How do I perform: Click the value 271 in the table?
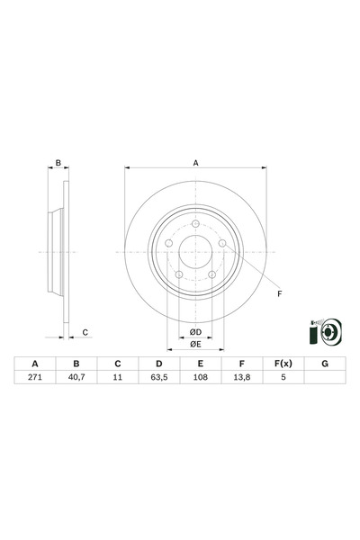[x=35, y=379]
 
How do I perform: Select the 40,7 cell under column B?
[x=76, y=379]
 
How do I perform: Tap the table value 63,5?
[x=158, y=379]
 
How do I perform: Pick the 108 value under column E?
[x=200, y=379]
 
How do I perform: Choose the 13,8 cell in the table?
[x=240, y=379]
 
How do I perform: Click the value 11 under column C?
[x=117, y=379]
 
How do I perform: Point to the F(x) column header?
[x=282, y=364]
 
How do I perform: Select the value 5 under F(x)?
[x=282, y=379]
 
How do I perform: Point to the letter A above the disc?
[x=195, y=163]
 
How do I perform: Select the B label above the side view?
[x=58, y=163]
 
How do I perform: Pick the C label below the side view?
[x=85, y=333]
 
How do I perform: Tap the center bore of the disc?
[x=195, y=254]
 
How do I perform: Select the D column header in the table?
[x=158, y=364]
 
